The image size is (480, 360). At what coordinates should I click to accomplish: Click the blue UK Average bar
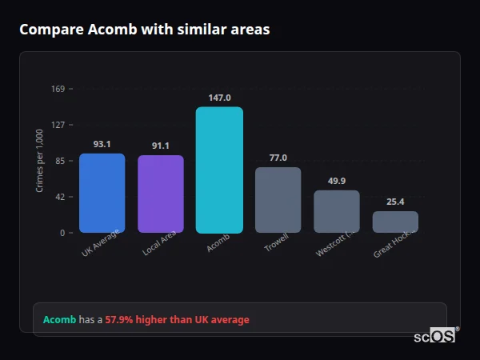[102, 193]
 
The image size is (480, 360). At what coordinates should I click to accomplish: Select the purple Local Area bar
[161, 194]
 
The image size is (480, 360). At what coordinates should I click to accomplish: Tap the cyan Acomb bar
[219, 170]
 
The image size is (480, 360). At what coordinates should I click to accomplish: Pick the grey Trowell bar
[278, 200]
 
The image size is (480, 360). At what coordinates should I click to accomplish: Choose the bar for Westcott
[337, 211]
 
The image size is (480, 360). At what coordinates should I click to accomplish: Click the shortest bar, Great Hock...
[395, 222]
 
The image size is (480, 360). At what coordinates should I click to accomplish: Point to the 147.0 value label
[219, 97]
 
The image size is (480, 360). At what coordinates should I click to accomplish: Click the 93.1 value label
[102, 144]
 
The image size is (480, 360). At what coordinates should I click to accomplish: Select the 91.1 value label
[161, 146]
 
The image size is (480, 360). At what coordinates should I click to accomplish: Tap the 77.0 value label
[278, 158]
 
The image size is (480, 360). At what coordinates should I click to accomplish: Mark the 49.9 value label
[337, 181]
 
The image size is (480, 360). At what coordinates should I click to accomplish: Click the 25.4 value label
[395, 202]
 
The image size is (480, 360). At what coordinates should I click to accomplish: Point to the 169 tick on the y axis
[58, 89]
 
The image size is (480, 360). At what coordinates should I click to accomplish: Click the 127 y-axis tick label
[58, 125]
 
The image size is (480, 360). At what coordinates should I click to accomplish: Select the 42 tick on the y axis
[59, 197]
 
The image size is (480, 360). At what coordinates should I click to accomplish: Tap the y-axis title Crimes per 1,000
[40, 161]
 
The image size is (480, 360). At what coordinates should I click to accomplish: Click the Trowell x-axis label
[276, 243]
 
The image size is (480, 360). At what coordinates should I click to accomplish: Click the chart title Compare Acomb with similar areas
[144, 30]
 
